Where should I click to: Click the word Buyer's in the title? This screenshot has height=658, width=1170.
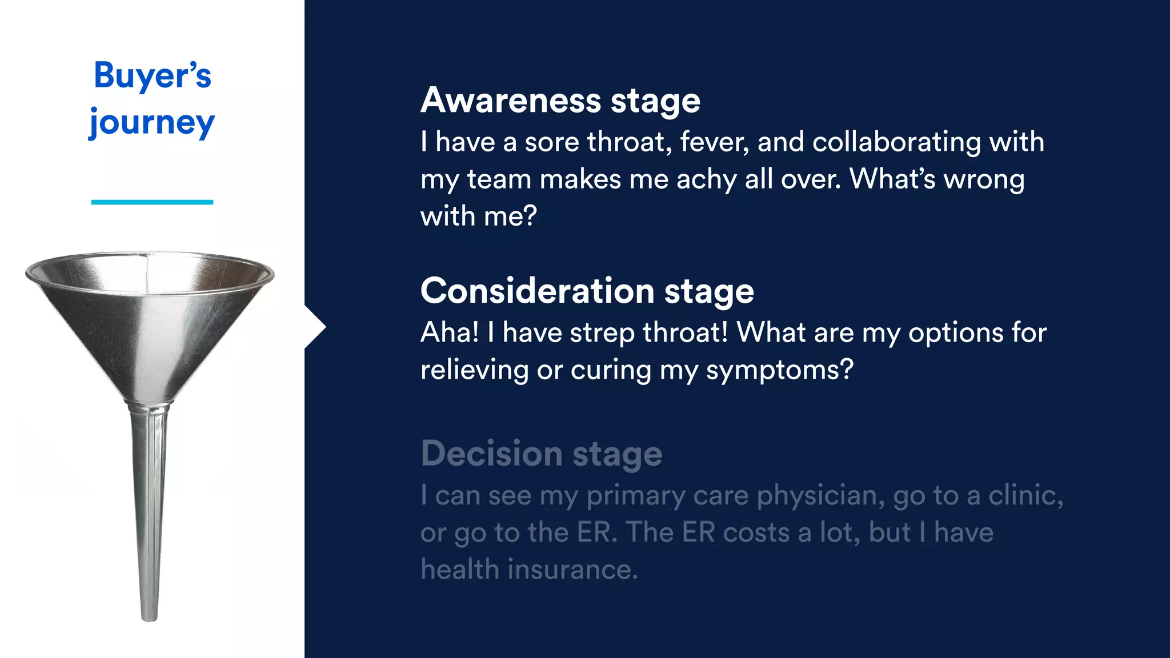(x=152, y=75)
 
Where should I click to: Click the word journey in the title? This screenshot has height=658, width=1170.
(x=152, y=122)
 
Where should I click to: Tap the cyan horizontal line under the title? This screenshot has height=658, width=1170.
(x=152, y=202)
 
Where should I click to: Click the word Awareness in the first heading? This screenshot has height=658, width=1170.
(x=511, y=101)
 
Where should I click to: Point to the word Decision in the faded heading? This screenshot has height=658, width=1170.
(x=492, y=454)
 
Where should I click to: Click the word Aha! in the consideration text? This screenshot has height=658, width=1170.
(x=450, y=332)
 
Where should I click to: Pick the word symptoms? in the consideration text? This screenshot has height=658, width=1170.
(x=779, y=370)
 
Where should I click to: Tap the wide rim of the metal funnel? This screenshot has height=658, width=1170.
(x=150, y=255)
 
